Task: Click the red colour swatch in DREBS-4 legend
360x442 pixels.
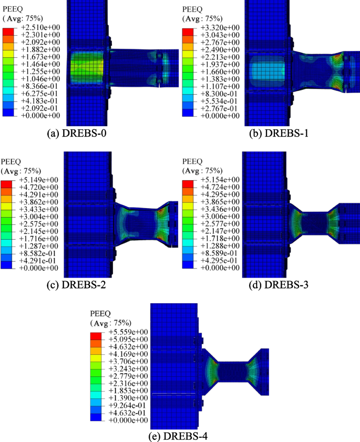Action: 96,335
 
